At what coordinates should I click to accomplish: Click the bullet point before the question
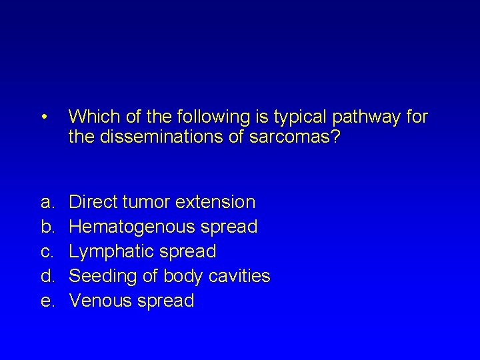click(x=43, y=118)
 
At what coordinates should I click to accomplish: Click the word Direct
click(x=95, y=201)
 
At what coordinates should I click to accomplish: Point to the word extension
click(x=215, y=201)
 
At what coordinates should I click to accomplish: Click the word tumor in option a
click(x=148, y=201)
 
